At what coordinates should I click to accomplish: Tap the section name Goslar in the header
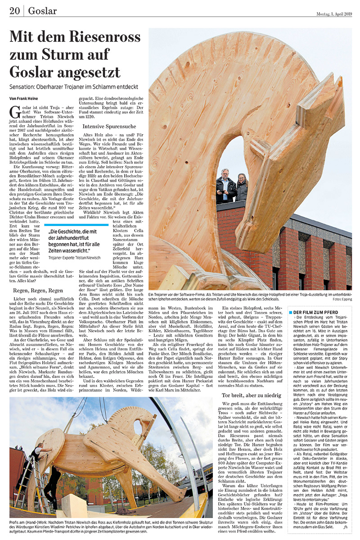tap(42, 10)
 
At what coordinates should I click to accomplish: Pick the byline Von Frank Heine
tap(25, 98)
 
